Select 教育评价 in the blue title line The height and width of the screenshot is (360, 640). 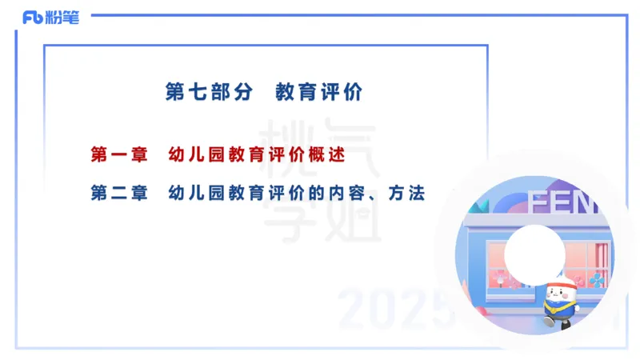pos(318,92)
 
